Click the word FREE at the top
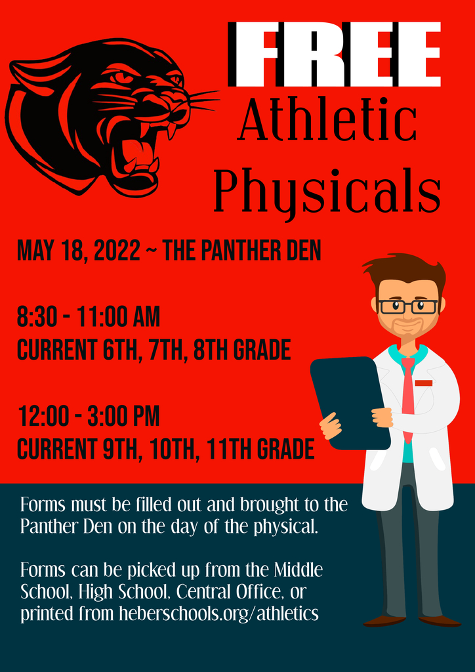pos(334,54)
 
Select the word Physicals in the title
pos(327,192)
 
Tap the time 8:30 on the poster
pos(41,318)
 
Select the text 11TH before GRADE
pos(232,449)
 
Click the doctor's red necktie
pos(408,398)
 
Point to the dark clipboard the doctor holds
pos(349,403)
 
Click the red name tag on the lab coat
pos(424,383)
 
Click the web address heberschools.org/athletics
pos(218,614)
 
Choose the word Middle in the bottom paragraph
pos(298,570)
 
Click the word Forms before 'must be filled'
pos(43,505)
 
